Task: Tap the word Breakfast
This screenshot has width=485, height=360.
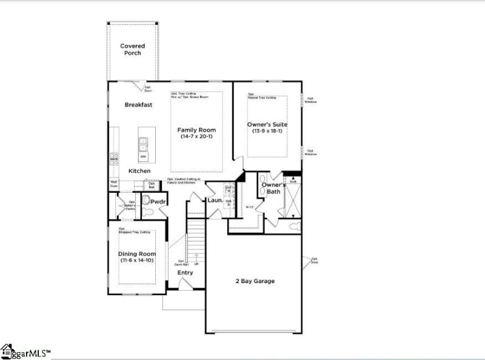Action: pyautogui.click(x=138, y=105)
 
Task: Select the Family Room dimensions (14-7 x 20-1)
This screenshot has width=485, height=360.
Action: pyautogui.click(x=196, y=137)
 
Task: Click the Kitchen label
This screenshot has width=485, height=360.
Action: pyautogui.click(x=139, y=171)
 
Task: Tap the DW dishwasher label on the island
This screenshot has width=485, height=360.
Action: pyautogui.click(x=143, y=157)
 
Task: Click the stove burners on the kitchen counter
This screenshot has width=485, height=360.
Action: pyautogui.click(x=113, y=159)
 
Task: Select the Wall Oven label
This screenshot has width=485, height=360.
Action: pyautogui.click(x=113, y=184)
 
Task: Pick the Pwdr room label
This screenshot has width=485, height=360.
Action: pyautogui.click(x=158, y=201)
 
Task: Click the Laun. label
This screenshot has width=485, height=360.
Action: pyautogui.click(x=214, y=200)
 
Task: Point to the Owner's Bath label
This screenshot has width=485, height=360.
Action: pyautogui.click(x=273, y=188)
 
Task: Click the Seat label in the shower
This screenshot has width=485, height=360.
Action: pyautogui.click(x=292, y=181)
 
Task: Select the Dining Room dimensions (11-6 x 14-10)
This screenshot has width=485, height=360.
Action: pyautogui.click(x=136, y=261)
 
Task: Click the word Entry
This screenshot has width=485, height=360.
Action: pyautogui.click(x=185, y=273)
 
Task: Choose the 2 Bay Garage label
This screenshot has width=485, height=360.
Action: pyautogui.click(x=255, y=281)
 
